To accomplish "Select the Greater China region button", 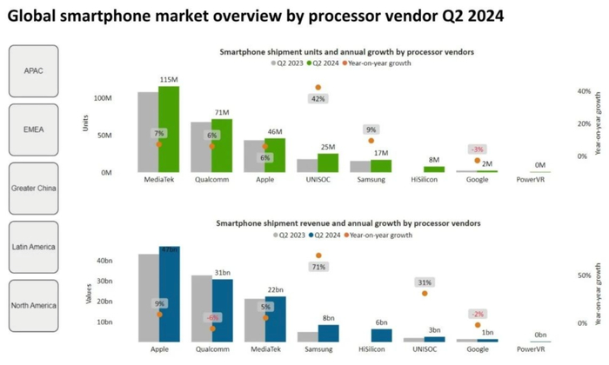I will [x=34, y=188].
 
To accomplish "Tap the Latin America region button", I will [x=34, y=247].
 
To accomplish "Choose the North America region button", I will [x=34, y=305].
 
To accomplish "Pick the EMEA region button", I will [x=34, y=129].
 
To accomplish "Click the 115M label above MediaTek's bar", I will [x=169, y=80].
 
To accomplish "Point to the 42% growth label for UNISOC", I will [x=318, y=99].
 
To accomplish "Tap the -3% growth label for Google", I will [x=477, y=149].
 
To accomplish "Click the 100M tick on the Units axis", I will [x=103, y=98].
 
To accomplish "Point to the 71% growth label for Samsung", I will [x=318, y=267].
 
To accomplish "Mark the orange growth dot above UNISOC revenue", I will [x=425, y=293].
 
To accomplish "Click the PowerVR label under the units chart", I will [x=530, y=179].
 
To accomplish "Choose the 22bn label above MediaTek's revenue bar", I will [x=276, y=289].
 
